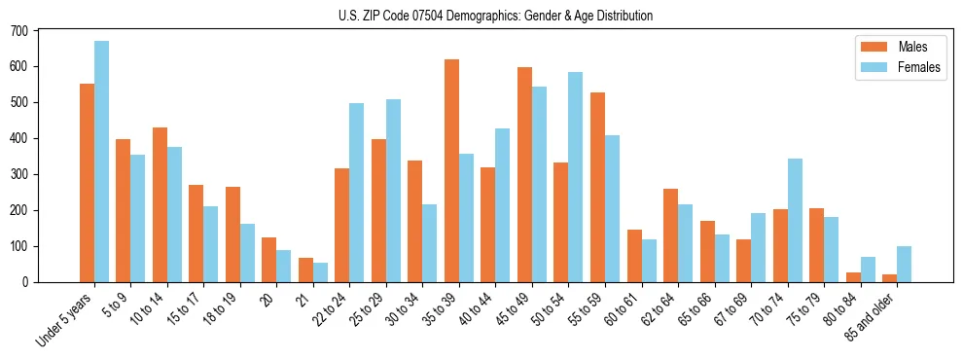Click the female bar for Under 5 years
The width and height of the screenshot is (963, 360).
coord(101,162)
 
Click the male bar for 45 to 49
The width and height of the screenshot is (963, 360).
coord(524,175)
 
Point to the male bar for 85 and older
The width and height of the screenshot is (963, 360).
coord(889,278)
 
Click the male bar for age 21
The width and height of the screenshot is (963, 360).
coord(305,270)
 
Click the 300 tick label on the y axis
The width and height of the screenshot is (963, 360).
coord(19,175)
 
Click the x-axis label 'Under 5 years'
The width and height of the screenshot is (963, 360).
coord(66,316)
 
